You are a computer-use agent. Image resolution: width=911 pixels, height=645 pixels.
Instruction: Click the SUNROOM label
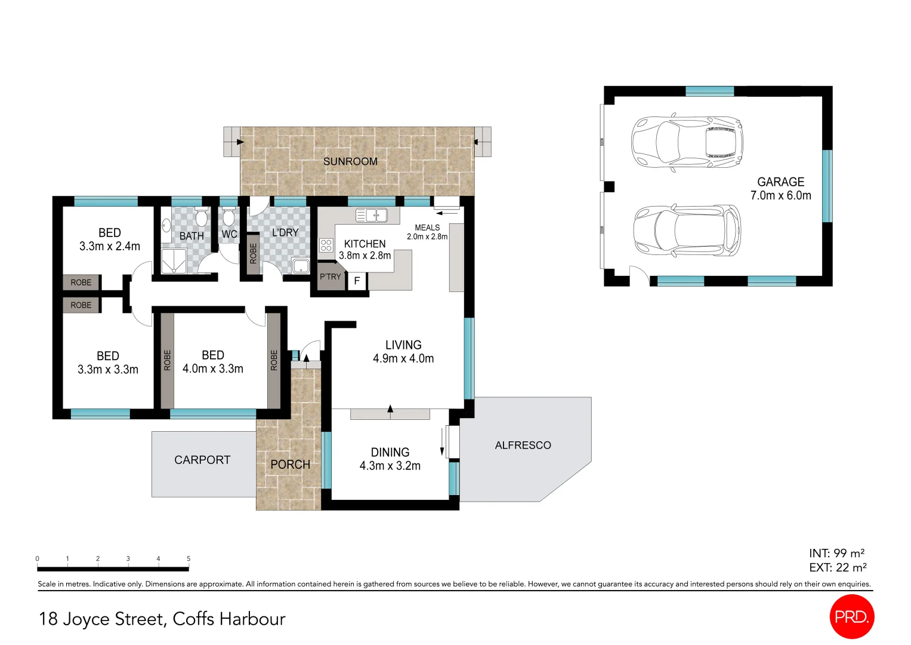350,161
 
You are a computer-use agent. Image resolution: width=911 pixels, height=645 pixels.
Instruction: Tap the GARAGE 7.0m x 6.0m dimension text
780,195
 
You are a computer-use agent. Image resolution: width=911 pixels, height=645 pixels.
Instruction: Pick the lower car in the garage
687,231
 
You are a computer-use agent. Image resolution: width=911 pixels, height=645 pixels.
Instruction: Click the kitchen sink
371,215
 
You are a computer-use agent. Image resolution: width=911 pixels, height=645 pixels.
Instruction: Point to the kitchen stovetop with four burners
326,245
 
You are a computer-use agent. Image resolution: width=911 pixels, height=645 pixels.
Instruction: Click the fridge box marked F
357,281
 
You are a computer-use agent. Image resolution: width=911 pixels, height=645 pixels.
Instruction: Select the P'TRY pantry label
330,277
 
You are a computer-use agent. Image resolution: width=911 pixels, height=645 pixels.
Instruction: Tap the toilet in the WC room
228,217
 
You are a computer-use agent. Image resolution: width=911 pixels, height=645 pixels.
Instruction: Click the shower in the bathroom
174,261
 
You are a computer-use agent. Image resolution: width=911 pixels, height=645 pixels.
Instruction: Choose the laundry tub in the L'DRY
301,266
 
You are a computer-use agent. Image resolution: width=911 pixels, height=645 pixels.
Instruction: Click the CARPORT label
202,460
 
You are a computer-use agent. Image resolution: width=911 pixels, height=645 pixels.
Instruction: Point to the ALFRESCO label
523,445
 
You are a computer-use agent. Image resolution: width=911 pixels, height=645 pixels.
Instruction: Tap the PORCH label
290,465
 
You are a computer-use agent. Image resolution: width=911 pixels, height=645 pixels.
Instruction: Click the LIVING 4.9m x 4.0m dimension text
403,358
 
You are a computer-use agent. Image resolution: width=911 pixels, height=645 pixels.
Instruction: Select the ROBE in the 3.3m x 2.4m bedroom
81,282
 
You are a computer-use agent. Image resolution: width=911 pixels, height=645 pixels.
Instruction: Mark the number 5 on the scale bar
189,559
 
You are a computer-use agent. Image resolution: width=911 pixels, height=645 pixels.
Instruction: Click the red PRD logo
851,617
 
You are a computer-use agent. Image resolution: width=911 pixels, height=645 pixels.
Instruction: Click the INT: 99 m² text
836,554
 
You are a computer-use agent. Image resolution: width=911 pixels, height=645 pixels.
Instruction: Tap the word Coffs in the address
193,619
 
